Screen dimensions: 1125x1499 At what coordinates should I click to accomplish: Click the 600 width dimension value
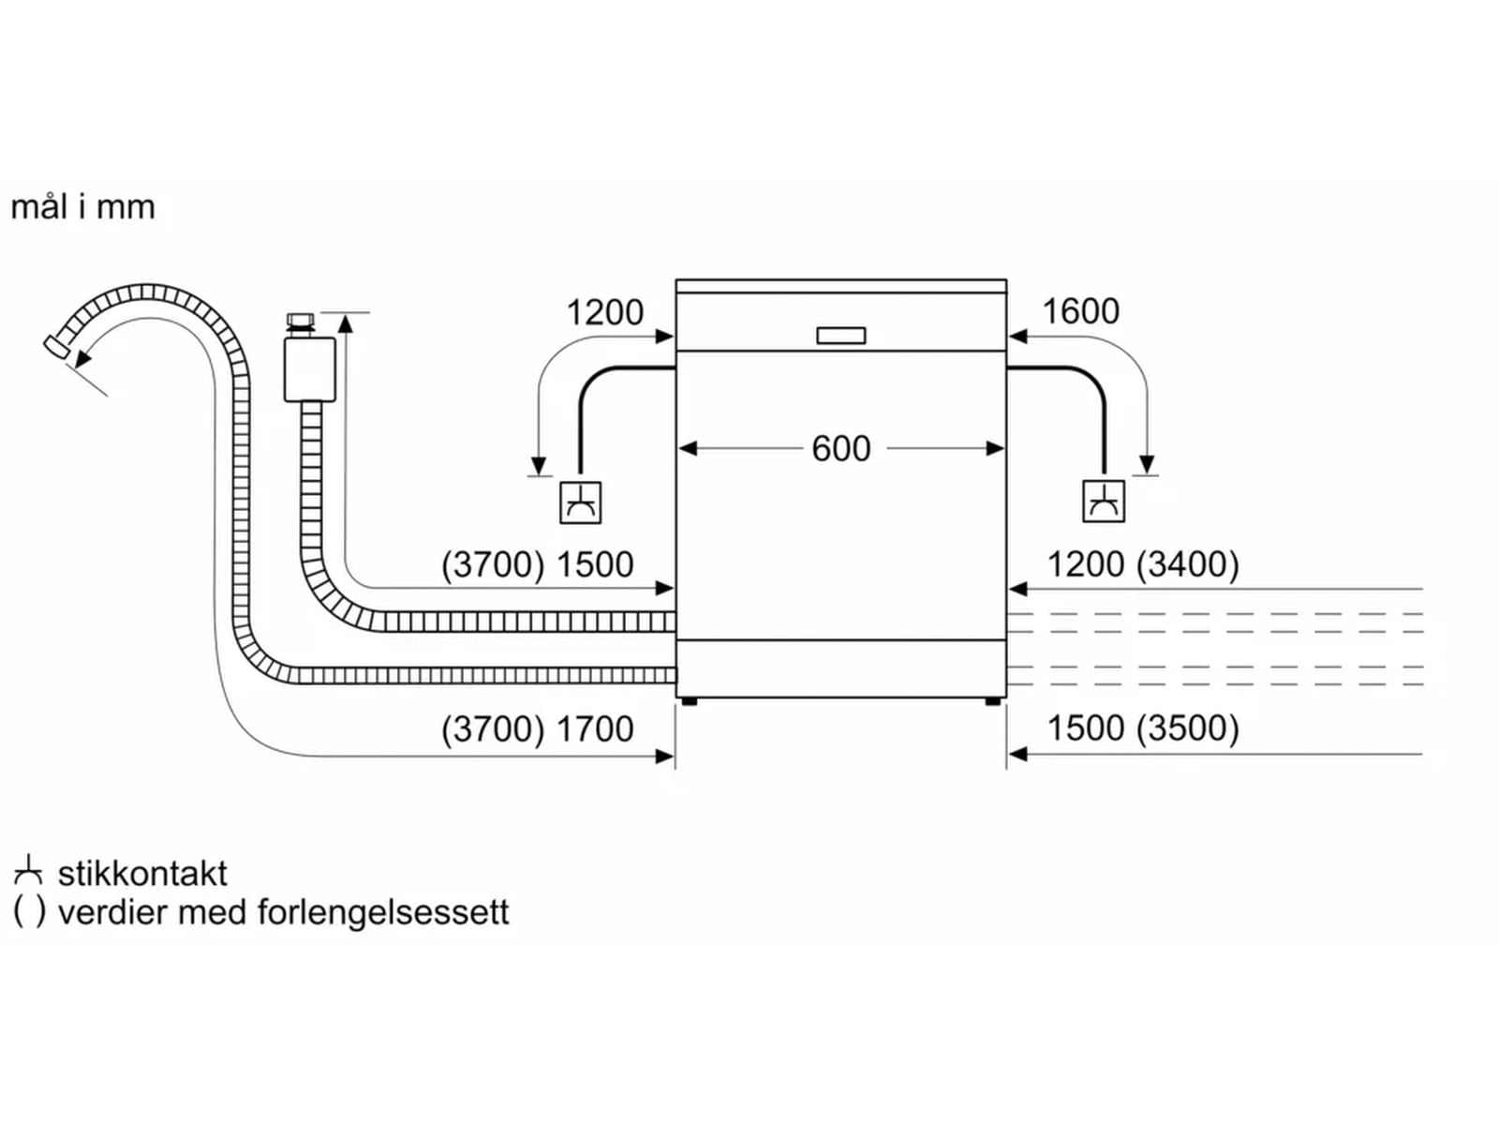[840, 449]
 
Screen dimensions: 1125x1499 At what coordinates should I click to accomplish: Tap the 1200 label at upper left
[604, 312]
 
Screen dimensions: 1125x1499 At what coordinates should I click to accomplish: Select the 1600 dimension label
[1080, 311]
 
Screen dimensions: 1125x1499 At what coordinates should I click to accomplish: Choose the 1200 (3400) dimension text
[1142, 564]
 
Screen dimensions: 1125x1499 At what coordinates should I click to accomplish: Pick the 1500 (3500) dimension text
[1142, 728]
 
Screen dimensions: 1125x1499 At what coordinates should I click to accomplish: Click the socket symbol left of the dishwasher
[580, 502]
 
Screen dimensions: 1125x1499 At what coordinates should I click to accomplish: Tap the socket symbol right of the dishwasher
[1103, 502]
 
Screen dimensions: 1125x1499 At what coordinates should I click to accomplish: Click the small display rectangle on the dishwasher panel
[840, 336]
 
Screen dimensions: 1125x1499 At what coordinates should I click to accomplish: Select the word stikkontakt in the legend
[142, 874]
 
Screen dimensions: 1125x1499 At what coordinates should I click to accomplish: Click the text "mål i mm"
[82, 207]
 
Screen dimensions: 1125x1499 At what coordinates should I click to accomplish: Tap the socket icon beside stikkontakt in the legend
[28, 872]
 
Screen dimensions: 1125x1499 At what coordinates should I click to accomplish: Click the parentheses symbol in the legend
[29, 912]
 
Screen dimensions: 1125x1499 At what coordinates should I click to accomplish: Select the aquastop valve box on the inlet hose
[309, 369]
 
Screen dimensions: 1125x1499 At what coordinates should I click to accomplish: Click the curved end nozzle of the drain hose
[56, 346]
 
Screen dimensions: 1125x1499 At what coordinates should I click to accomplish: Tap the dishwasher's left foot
[689, 701]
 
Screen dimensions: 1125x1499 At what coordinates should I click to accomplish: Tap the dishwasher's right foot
[992, 701]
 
